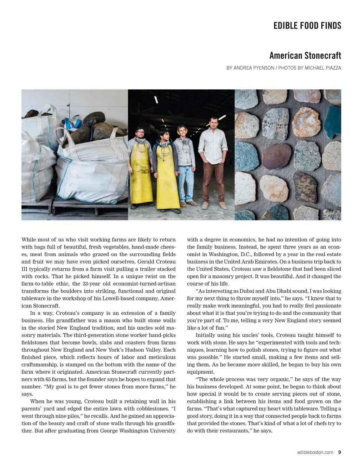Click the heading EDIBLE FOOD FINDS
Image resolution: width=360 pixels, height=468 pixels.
coord(307,26)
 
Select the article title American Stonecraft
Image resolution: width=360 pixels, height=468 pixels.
coord(305,56)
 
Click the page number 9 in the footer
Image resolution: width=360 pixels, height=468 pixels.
coord(339,453)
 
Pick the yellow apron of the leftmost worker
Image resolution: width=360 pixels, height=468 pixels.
coord(141,176)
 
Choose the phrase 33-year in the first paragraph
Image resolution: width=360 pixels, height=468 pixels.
coord(91,284)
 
